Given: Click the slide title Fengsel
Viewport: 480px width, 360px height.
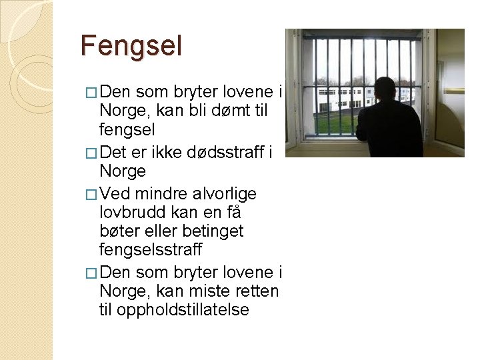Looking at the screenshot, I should pyautogui.click(x=131, y=46).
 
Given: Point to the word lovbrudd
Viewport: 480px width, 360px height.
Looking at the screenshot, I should pyautogui.click(x=129, y=213).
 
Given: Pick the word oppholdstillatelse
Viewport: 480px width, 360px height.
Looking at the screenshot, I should pyautogui.click(x=182, y=309).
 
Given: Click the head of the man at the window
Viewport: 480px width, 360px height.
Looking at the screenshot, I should pyautogui.click(x=387, y=90).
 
